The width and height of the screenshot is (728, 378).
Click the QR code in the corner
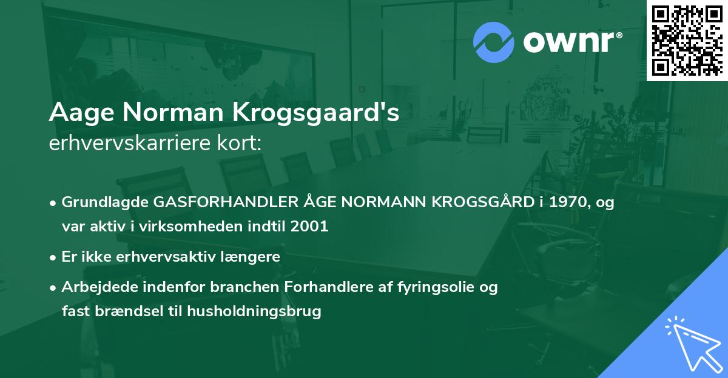(x=687, y=40)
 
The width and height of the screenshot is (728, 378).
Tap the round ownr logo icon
(x=493, y=42)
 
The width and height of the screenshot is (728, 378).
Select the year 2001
(x=309, y=227)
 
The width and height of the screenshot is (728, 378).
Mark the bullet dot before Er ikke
(x=54, y=257)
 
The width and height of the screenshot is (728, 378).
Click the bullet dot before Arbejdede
(x=54, y=287)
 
